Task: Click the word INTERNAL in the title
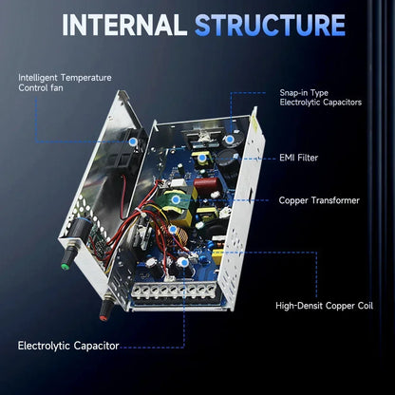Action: click(124, 25)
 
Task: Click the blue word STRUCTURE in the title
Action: click(270, 25)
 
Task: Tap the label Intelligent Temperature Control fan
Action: click(65, 83)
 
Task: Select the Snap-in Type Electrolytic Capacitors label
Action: click(320, 97)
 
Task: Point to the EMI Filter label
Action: click(298, 158)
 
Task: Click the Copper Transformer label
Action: click(319, 200)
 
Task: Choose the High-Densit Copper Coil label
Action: click(324, 306)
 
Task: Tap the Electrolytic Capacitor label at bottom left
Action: click(68, 346)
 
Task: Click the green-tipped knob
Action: click(66, 265)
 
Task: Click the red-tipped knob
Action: click(103, 316)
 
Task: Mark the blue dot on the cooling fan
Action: click(133, 142)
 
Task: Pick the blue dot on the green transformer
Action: click(176, 199)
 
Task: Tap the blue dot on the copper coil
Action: click(173, 229)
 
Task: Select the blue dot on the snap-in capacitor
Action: click(230, 140)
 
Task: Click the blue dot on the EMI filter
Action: click(201, 158)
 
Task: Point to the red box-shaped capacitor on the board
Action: click(206, 183)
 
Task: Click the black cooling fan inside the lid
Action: click(133, 150)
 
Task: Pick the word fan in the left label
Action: click(57, 87)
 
